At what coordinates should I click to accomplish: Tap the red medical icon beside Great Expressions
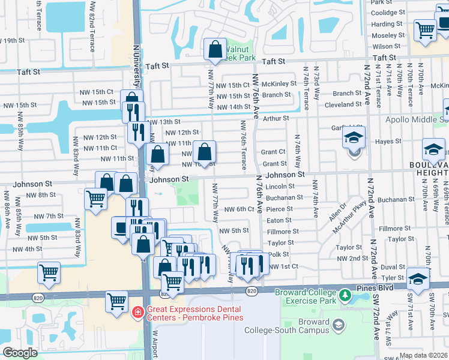click(x=137, y=313)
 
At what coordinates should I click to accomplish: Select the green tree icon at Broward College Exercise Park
click(x=345, y=295)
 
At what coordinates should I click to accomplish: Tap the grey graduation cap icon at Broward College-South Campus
click(x=339, y=326)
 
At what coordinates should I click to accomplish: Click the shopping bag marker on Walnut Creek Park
click(x=214, y=50)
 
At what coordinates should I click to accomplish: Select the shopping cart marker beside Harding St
click(x=425, y=29)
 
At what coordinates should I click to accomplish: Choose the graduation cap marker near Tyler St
click(x=418, y=279)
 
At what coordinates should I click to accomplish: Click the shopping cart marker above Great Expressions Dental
click(x=116, y=302)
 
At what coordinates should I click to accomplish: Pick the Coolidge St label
click(x=389, y=13)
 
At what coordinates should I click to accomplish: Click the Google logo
click(x=20, y=353)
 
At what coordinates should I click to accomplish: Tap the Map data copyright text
click(x=424, y=355)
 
